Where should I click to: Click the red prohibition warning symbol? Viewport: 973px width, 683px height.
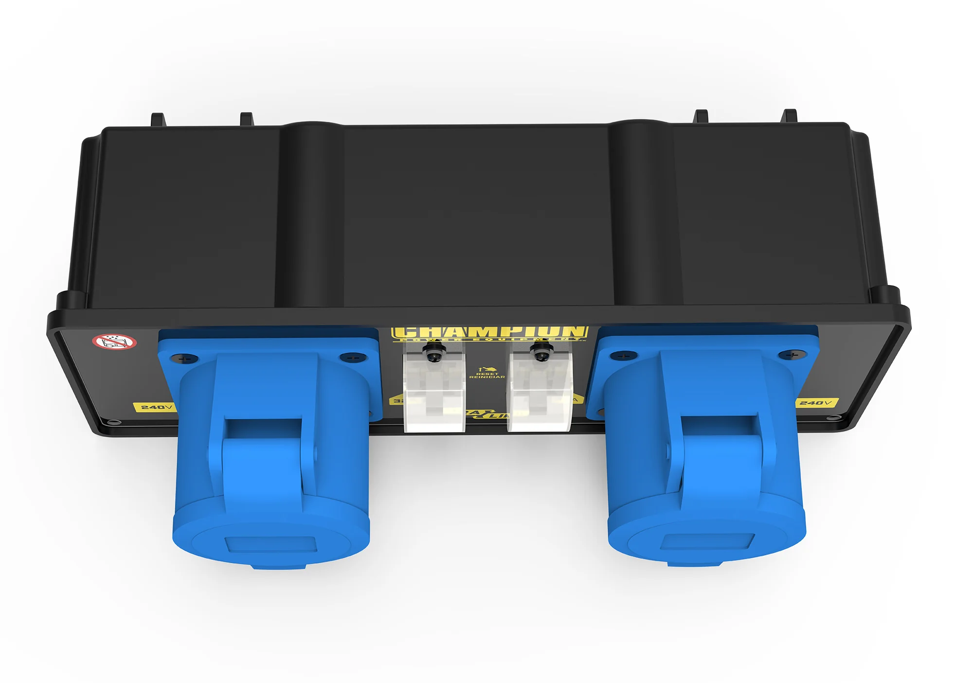115,341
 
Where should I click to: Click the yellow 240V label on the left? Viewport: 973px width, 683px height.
155,407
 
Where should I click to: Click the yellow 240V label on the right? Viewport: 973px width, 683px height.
816,402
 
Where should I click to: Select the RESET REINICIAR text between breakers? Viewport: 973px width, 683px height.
486,375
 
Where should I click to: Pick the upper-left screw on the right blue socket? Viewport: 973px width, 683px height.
623,356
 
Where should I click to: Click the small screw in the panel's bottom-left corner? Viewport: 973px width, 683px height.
114,423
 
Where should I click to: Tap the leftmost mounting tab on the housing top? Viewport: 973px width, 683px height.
157,119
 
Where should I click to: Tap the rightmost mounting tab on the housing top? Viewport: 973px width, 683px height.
789,116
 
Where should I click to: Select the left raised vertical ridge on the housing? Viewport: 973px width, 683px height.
309,214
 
